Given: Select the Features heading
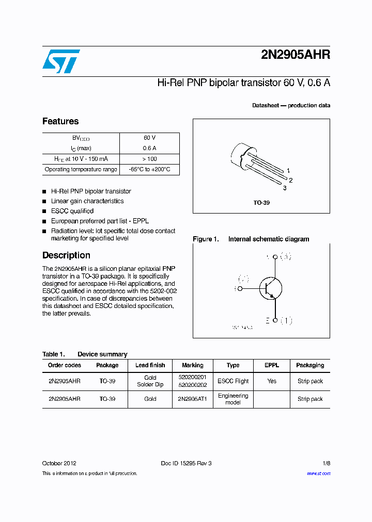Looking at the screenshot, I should pyautogui.click(x=60, y=121).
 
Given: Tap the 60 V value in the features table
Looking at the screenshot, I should pyautogui.click(x=149, y=138).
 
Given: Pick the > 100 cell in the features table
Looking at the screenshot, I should pyautogui.click(x=149, y=159).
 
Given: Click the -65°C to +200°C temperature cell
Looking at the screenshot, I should pyautogui.click(x=149, y=169).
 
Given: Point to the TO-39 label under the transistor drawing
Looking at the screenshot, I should pyautogui.click(x=261, y=203).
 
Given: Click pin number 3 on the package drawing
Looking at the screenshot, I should pyautogui.click(x=284, y=188).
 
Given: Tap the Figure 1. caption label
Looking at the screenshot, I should pyautogui.click(x=206, y=239).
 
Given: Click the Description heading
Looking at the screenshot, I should pyautogui.click(x=66, y=255).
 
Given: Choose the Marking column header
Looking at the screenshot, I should pyautogui.click(x=193, y=365).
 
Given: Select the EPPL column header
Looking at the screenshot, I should pyautogui.click(x=272, y=365).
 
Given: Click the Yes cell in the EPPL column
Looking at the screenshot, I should pyautogui.click(x=272, y=381).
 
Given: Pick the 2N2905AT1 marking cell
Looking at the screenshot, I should pyautogui.click(x=192, y=399).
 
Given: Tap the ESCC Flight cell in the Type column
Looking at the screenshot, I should pyautogui.click(x=233, y=381).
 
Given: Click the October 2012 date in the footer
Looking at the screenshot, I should pyautogui.click(x=59, y=463).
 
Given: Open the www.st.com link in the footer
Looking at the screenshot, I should pyautogui.click(x=318, y=474).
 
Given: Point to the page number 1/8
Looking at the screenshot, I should pyautogui.click(x=326, y=463).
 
